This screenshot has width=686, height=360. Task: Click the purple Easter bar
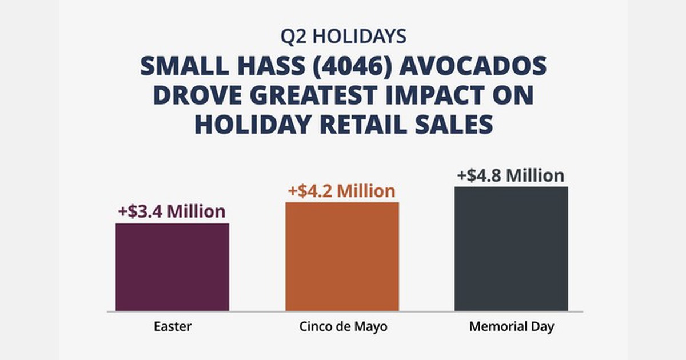tap(172, 267)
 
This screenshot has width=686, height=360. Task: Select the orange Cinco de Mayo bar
tap(342, 257)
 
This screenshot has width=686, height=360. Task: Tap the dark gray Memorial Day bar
tap(511, 249)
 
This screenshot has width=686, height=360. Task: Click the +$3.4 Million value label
tap(171, 211)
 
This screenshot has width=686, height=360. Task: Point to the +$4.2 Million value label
tap(341, 190)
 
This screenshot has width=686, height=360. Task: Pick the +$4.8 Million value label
tap(510, 175)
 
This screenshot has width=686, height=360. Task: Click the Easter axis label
tap(172, 327)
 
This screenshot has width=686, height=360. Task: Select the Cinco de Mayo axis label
tap(342, 327)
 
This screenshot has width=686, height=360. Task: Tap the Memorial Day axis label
tap(511, 327)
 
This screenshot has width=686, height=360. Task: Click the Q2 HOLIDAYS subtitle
tap(343, 36)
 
